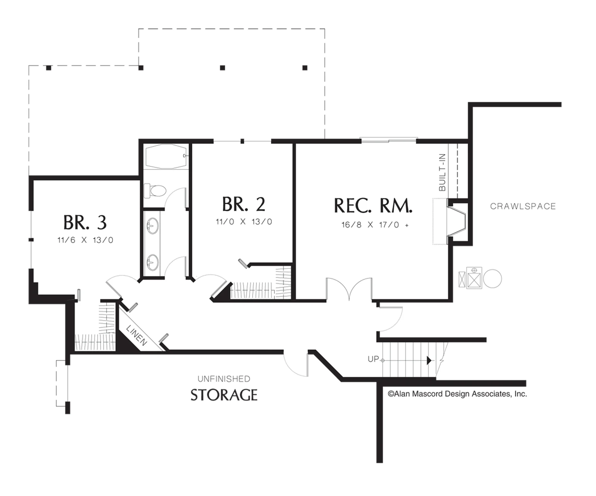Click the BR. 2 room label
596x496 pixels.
point(244,204)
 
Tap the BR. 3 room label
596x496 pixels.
point(85,222)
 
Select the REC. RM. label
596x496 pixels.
point(373,206)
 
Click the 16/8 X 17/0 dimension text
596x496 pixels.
point(375,225)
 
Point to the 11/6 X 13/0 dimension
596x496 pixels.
point(85,240)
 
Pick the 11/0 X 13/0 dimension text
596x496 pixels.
point(244,222)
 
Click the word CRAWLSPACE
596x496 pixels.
point(523,206)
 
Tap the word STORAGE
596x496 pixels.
point(224,395)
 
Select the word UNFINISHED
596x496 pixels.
point(224,379)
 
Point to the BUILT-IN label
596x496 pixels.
point(442,172)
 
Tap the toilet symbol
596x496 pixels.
point(155,191)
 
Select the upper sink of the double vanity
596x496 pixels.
point(153,226)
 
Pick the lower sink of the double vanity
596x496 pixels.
point(153,262)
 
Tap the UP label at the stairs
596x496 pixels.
point(373,359)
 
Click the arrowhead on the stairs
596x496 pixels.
point(429,361)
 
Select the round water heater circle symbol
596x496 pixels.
point(492,278)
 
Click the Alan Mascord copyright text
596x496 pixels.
point(457,394)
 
